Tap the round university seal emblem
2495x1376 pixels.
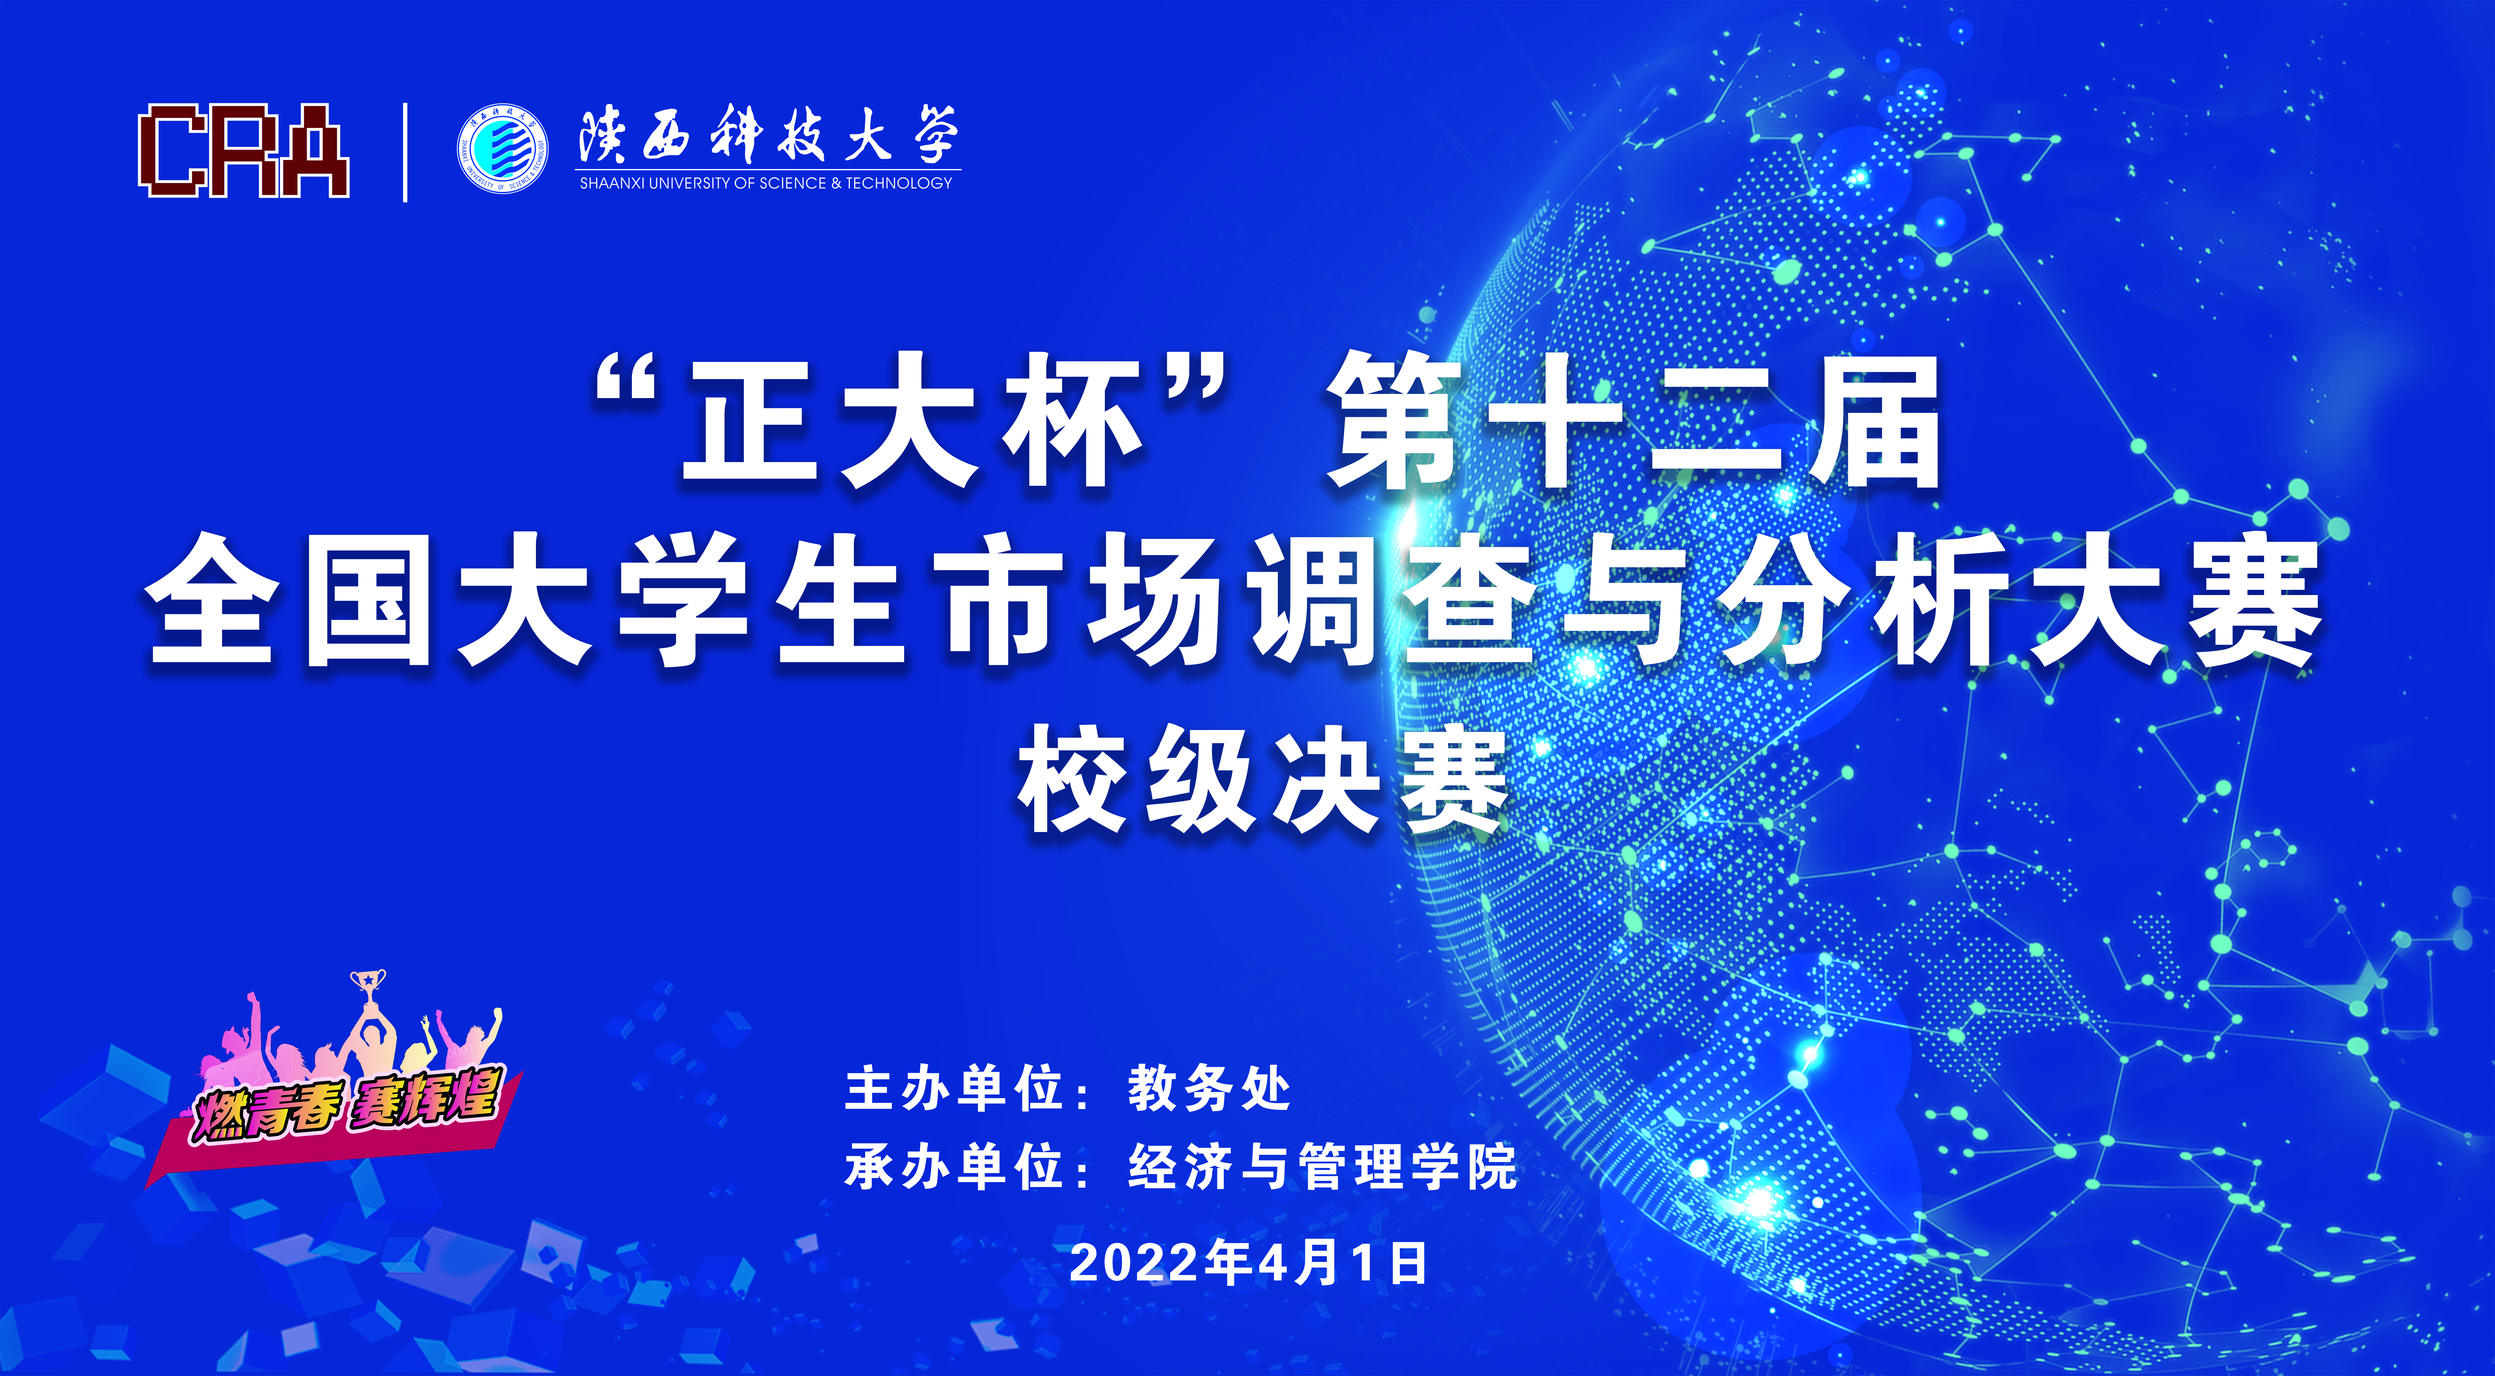tap(502, 147)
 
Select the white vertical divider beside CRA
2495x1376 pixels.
tap(405, 152)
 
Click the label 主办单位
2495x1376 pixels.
tap(954, 1088)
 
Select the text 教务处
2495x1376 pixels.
tap(1209, 1088)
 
